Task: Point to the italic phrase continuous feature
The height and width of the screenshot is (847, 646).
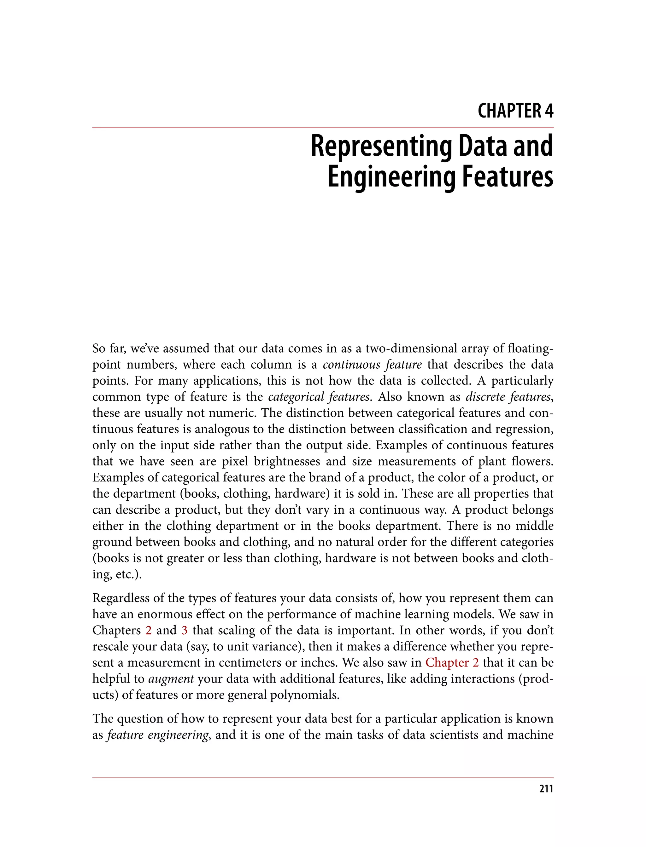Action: point(372,365)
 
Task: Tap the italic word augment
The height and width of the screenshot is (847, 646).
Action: point(171,679)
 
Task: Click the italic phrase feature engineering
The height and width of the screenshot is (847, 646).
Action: point(158,735)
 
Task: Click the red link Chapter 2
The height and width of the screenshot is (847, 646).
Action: point(452,663)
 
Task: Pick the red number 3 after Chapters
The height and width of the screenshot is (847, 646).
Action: point(185,630)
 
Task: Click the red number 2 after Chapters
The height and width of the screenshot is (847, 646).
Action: point(149,630)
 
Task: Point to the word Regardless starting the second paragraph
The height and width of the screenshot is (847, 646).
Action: point(120,598)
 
